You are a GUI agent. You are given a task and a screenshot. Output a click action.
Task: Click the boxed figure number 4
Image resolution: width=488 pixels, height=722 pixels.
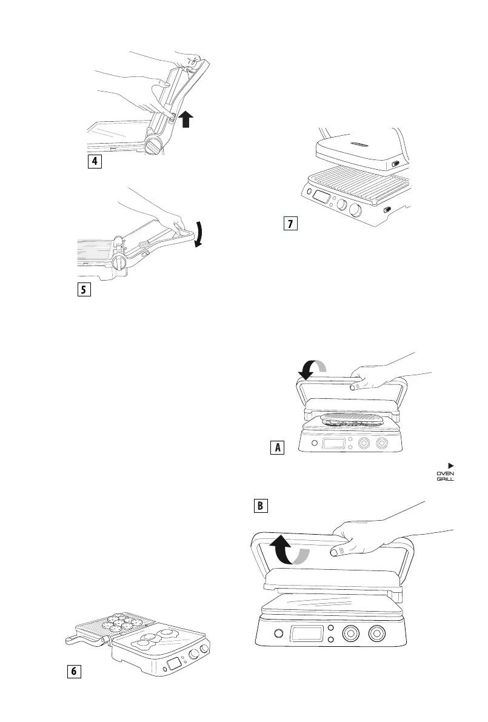[93, 162]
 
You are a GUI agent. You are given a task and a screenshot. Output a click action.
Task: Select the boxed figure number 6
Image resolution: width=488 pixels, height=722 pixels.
[73, 671]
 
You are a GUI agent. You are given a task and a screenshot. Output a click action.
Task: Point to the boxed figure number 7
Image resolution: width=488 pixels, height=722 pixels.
[291, 224]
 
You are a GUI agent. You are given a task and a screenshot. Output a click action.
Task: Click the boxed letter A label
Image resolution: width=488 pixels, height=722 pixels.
[276, 448]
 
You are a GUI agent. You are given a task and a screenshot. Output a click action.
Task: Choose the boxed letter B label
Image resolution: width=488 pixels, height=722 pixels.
[259, 505]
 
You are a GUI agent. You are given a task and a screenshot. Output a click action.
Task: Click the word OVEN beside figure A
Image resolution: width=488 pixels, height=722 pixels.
[446, 473]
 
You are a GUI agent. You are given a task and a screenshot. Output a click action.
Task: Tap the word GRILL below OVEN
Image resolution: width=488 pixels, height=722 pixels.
[446, 480]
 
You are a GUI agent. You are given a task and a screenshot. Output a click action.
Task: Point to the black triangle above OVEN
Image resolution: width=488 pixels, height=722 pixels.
[450, 466]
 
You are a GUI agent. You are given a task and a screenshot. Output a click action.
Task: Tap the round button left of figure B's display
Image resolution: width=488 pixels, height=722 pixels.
[279, 634]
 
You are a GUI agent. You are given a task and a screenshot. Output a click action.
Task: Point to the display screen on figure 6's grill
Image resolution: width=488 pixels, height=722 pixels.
[175, 663]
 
